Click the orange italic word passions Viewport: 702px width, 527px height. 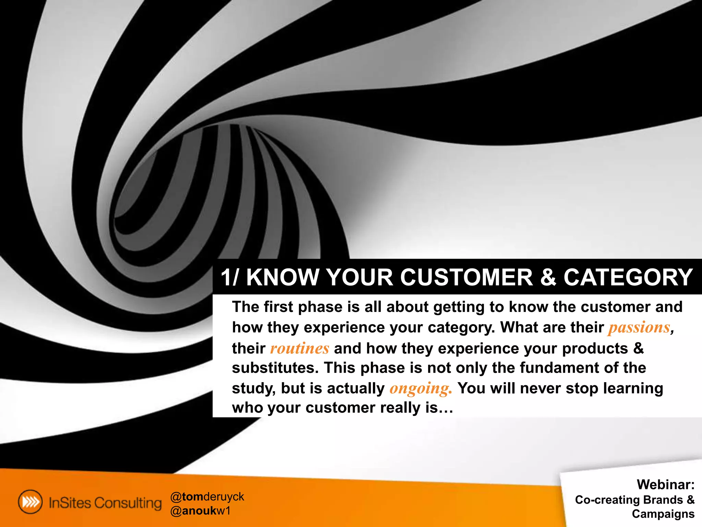click(639, 328)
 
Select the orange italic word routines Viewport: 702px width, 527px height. click(300, 349)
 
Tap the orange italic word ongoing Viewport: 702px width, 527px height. click(421, 388)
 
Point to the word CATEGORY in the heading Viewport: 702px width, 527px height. click(628, 277)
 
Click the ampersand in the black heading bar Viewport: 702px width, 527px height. click(548, 277)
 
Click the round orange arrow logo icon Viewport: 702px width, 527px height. click(31, 502)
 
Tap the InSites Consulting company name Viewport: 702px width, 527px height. click(105, 503)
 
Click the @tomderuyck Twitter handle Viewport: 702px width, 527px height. click(207, 496)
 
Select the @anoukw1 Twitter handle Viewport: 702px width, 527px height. click(201, 511)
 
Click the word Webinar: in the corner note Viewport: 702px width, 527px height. click(665, 484)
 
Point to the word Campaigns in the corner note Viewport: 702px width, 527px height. click(663, 514)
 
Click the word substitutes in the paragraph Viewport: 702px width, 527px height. click(275, 368)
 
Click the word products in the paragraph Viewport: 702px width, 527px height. click(595, 349)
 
